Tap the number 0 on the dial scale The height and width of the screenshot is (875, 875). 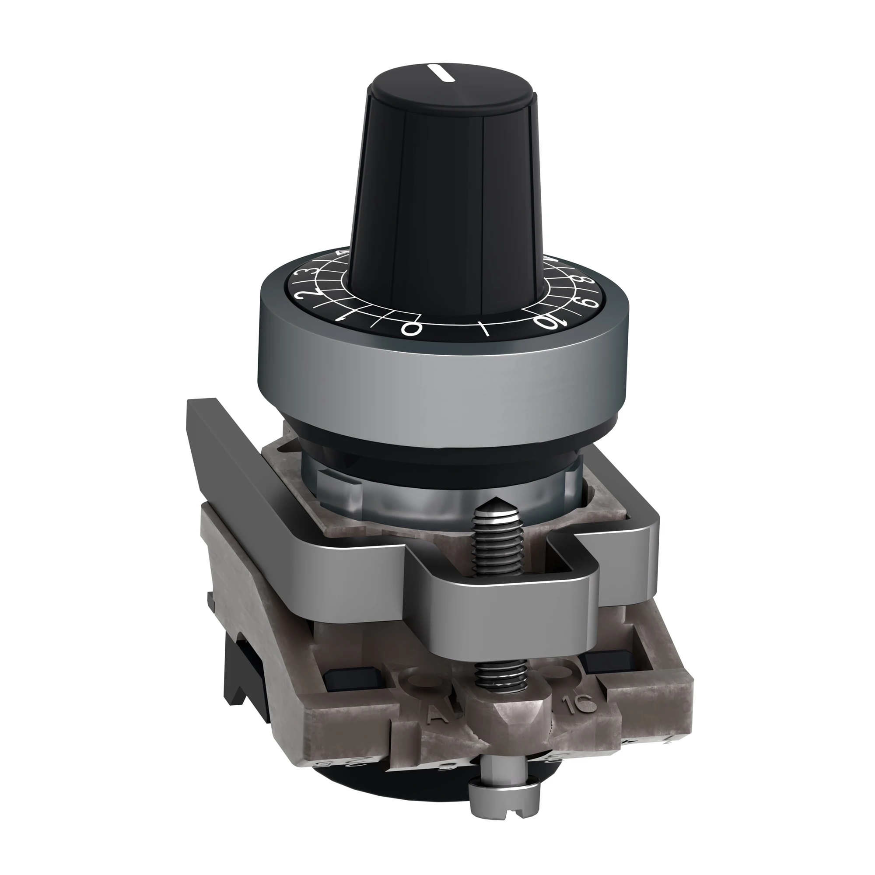pyautogui.click(x=409, y=329)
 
